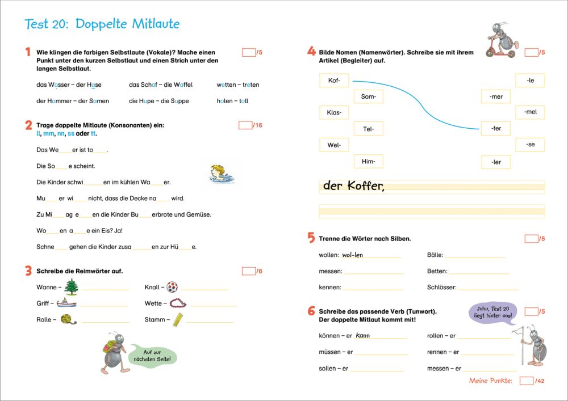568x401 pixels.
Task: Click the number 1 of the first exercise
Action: (x=27, y=52)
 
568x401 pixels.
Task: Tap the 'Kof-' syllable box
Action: (x=334, y=81)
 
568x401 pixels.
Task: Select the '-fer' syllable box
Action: (x=495, y=128)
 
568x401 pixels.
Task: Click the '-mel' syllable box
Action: (x=530, y=112)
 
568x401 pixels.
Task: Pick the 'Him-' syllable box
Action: (x=368, y=162)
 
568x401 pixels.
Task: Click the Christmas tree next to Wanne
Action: (x=71, y=286)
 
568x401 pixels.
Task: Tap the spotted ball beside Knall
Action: (x=173, y=287)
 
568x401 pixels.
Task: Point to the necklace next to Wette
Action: (x=178, y=303)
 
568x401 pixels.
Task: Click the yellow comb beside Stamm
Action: (x=178, y=319)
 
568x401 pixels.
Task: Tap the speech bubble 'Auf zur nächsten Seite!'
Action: (x=152, y=355)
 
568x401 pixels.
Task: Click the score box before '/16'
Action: (x=245, y=125)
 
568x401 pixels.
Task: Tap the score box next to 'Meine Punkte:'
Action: (x=527, y=381)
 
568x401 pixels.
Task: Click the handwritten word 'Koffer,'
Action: (x=364, y=186)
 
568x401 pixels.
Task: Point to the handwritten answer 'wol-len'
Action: (x=352, y=255)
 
